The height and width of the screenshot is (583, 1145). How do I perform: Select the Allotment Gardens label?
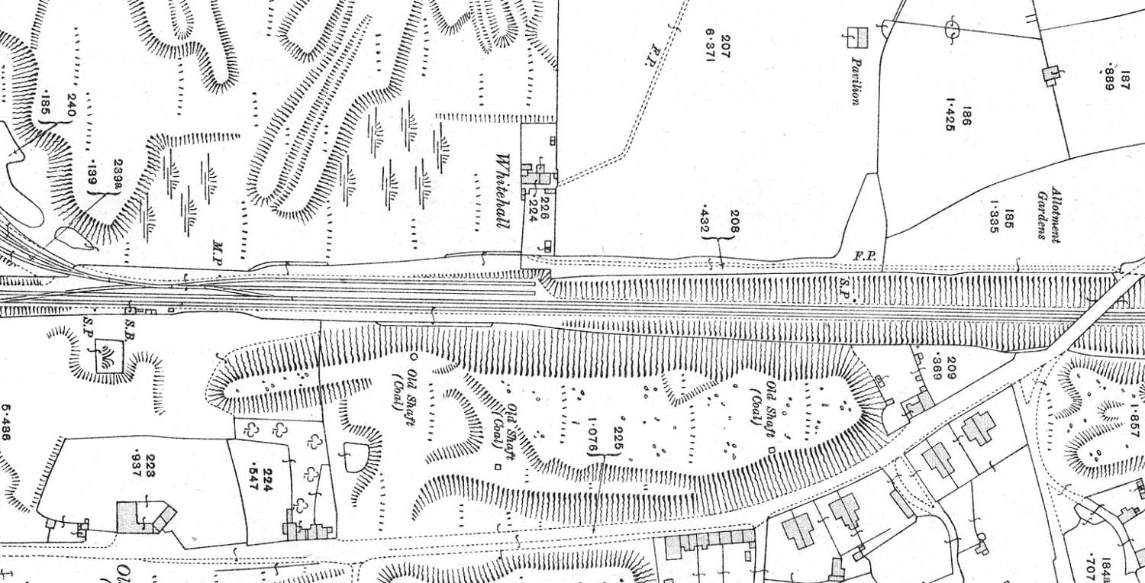point(1050,213)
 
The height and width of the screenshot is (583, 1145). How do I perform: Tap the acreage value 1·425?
point(951,114)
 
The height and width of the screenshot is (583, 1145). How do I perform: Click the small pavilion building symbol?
point(859,37)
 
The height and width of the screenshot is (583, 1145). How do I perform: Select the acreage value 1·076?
point(592,436)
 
